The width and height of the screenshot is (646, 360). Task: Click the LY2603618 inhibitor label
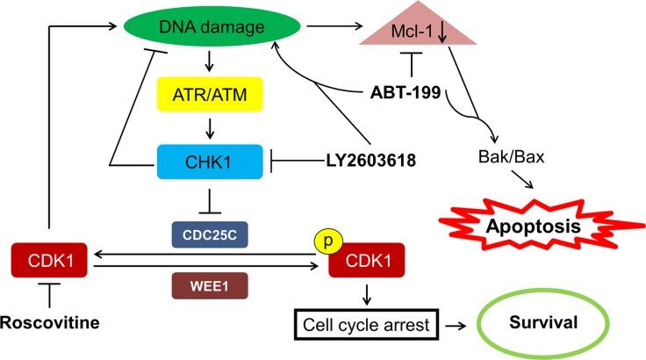pyautogui.click(x=356, y=161)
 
